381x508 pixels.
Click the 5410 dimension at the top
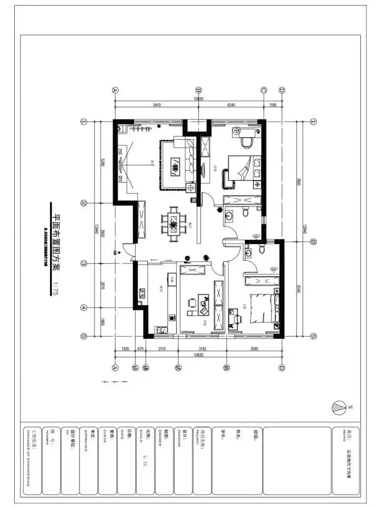[156, 105]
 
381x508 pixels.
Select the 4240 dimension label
[231, 105]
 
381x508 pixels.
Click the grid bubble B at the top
[199, 90]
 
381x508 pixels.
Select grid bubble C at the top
[263, 90]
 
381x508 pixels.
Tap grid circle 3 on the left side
[84, 263]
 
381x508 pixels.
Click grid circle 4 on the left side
[84, 308]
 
